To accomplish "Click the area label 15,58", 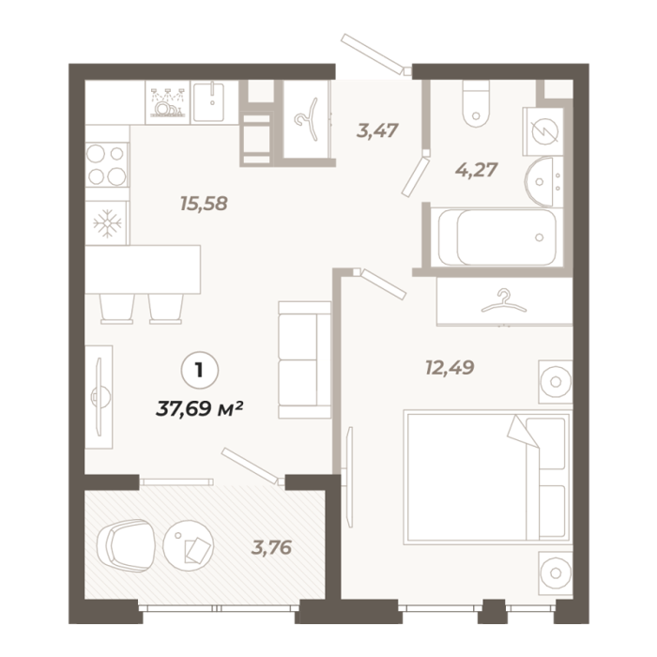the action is click(204, 204).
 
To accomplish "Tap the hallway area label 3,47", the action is click(377, 130).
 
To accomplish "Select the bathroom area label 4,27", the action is click(477, 170).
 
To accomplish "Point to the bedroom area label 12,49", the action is click(450, 368).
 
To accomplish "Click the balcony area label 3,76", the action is click(271, 547).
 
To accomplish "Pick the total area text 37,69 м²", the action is click(199, 408).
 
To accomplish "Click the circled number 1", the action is click(199, 371).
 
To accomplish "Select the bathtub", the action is click(497, 237).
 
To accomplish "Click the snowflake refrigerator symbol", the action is click(107, 222).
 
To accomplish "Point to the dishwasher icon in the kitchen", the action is click(167, 102).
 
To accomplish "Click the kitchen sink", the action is click(208, 101).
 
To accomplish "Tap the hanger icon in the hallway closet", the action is click(307, 119).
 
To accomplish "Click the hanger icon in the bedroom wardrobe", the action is click(503, 301).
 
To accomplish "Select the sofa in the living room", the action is click(305, 359).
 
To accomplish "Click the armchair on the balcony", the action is click(125, 546).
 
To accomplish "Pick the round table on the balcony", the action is click(189, 545).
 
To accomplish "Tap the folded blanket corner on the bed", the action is click(523, 432).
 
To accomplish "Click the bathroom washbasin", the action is click(543, 182).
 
